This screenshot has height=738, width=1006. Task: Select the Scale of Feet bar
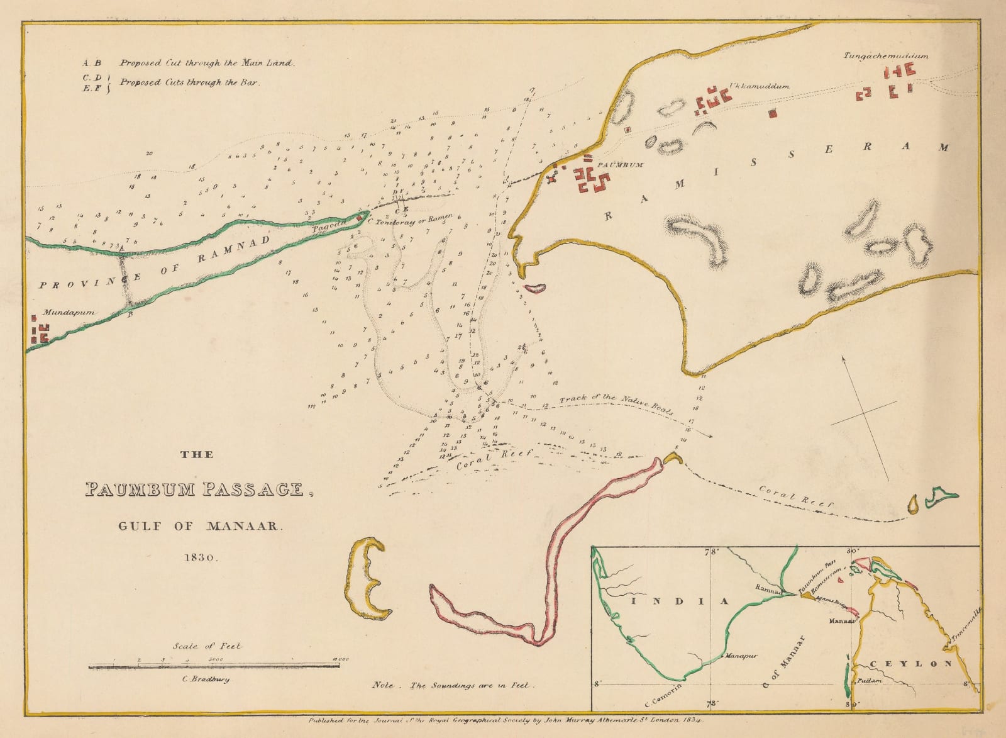(x=214, y=665)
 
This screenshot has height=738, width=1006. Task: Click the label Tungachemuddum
(x=886, y=56)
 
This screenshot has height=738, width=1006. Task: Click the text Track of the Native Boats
(x=616, y=406)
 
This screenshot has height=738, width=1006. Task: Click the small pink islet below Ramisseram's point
(x=536, y=288)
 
